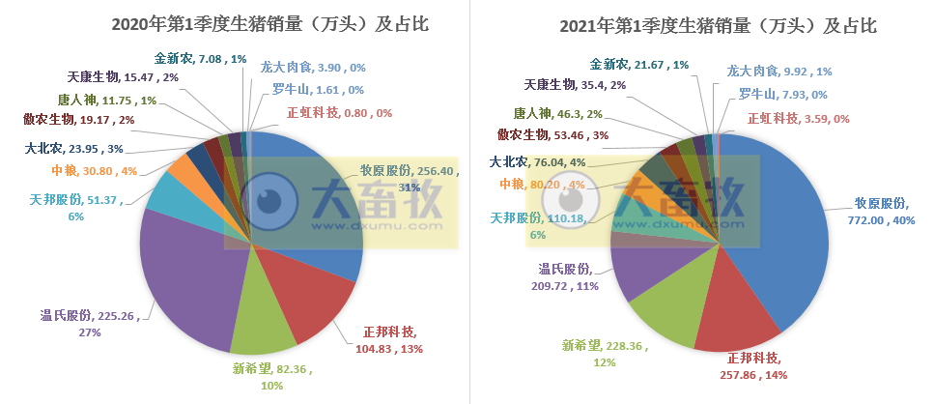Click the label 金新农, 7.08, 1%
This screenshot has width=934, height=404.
tap(201, 59)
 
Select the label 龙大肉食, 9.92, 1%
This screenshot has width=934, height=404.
tap(779, 71)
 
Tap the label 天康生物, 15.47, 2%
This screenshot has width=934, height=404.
tap(122, 76)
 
